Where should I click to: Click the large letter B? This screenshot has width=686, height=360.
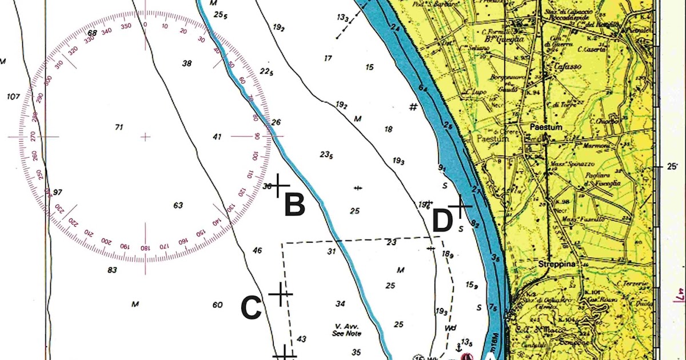[294, 206]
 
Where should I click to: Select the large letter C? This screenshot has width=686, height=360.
[251, 309]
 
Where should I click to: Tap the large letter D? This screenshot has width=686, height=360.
[442, 222]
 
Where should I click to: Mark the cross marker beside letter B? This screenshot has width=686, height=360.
[279, 185]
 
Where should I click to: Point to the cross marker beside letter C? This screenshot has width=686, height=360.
[280, 294]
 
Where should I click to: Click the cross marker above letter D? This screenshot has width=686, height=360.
[459, 205]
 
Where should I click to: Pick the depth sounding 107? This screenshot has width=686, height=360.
[14, 97]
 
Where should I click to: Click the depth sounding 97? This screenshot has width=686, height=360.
[57, 192]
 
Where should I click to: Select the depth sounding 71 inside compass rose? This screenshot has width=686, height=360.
[119, 127]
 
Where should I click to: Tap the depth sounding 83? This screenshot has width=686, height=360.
[112, 270]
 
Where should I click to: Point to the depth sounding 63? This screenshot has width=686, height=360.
[178, 205]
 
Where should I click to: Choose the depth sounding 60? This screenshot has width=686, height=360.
[217, 305]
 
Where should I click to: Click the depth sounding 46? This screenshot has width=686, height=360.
[257, 250]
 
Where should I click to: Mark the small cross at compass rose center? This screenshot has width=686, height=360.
[146, 137]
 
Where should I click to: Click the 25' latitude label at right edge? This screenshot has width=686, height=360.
[671, 166]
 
